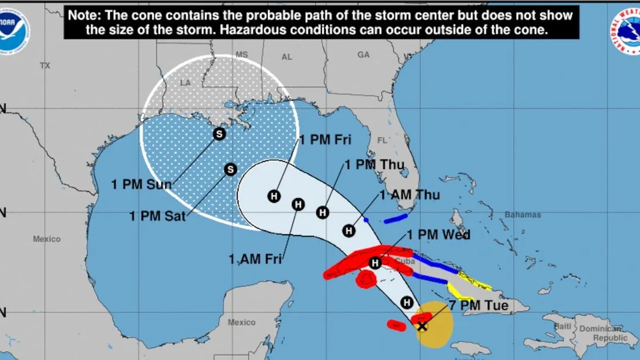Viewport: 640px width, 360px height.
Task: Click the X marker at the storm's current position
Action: point(422,326)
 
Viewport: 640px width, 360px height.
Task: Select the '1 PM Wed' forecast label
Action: point(438,235)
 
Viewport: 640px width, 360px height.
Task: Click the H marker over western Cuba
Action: point(375,262)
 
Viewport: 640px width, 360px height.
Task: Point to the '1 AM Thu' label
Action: point(410,195)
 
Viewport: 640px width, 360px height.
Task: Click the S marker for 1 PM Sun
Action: point(219,134)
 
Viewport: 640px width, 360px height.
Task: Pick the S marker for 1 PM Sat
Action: point(230,169)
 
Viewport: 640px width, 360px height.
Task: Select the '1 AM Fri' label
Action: point(255,260)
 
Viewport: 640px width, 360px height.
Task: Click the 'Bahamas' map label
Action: point(523,215)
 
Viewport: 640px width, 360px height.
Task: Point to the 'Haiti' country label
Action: point(563,326)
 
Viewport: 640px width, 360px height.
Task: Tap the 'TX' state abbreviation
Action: point(45,66)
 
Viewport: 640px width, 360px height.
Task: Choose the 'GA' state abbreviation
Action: point(364,55)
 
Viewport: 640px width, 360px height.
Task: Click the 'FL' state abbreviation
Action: point(381,141)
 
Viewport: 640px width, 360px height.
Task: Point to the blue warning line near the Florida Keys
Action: point(396,219)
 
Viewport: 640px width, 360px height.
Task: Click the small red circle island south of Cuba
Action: point(366,279)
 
